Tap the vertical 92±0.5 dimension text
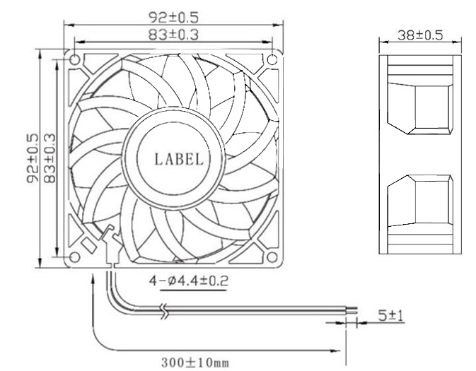click(x=32, y=158)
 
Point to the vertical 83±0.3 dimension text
click(x=49, y=158)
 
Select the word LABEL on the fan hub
click(x=178, y=159)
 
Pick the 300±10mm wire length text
click(x=195, y=363)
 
